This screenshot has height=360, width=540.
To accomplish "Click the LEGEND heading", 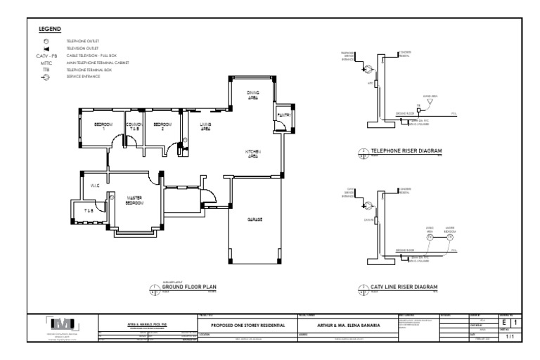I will point(50,30).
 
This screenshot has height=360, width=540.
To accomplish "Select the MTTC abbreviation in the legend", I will point(46,63).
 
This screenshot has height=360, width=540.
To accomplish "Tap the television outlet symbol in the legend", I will point(46,49).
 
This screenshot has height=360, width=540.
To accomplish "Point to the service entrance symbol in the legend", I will point(46,76).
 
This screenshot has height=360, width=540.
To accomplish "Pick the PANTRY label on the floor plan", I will point(284,114).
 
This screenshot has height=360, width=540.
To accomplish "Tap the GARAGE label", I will point(255,220).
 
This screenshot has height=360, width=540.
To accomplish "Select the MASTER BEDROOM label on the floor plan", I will point(134,200).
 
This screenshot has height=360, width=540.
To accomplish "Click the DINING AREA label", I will point(252,95).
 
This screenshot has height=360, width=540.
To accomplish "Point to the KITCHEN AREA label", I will point(252,153).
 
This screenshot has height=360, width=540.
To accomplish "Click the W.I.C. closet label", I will point(95,186).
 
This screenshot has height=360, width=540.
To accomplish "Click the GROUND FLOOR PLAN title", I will point(189,288).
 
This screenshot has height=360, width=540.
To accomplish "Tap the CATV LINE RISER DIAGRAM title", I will point(404,287).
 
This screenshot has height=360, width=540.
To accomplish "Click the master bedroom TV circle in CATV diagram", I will point(449,238).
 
